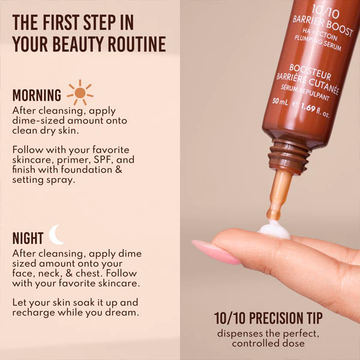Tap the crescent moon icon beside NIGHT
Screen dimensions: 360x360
(x=57, y=235)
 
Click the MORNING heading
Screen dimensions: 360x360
(x=37, y=95)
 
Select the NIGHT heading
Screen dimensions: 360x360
(x=28, y=238)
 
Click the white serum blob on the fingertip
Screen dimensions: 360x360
(x=274, y=230)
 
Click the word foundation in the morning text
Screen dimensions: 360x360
(x=85, y=170)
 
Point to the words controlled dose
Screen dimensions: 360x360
(x=269, y=344)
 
